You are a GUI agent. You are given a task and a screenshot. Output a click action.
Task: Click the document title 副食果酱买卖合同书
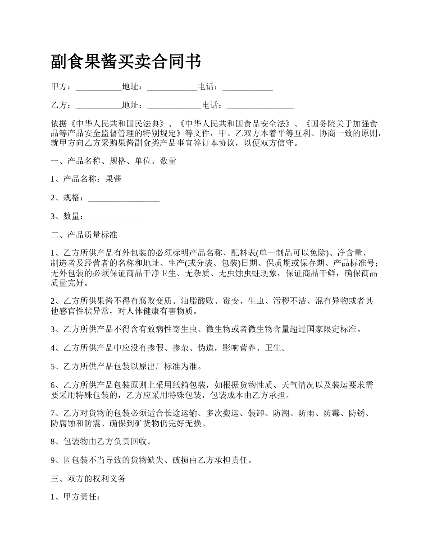[x=126, y=62]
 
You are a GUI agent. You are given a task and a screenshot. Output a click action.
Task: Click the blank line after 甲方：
[x=98, y=87]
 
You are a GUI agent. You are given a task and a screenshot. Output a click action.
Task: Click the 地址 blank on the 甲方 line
[x=172, y=87]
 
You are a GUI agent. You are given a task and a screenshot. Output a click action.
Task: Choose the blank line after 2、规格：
[x=124, y=198]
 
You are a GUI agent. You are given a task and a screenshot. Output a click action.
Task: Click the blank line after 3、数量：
[x=119, y=217]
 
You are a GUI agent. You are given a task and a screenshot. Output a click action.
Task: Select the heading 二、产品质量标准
[x=84, y=235]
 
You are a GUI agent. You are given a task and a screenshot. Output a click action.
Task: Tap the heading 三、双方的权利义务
[x=88, y=479]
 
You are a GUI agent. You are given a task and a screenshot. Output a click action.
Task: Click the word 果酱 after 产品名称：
[x=113, y=179]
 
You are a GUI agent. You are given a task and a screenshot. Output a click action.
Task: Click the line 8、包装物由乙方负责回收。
[x=101, y=441]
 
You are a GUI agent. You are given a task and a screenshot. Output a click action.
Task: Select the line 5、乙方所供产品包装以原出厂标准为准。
[x=127, y=366]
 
